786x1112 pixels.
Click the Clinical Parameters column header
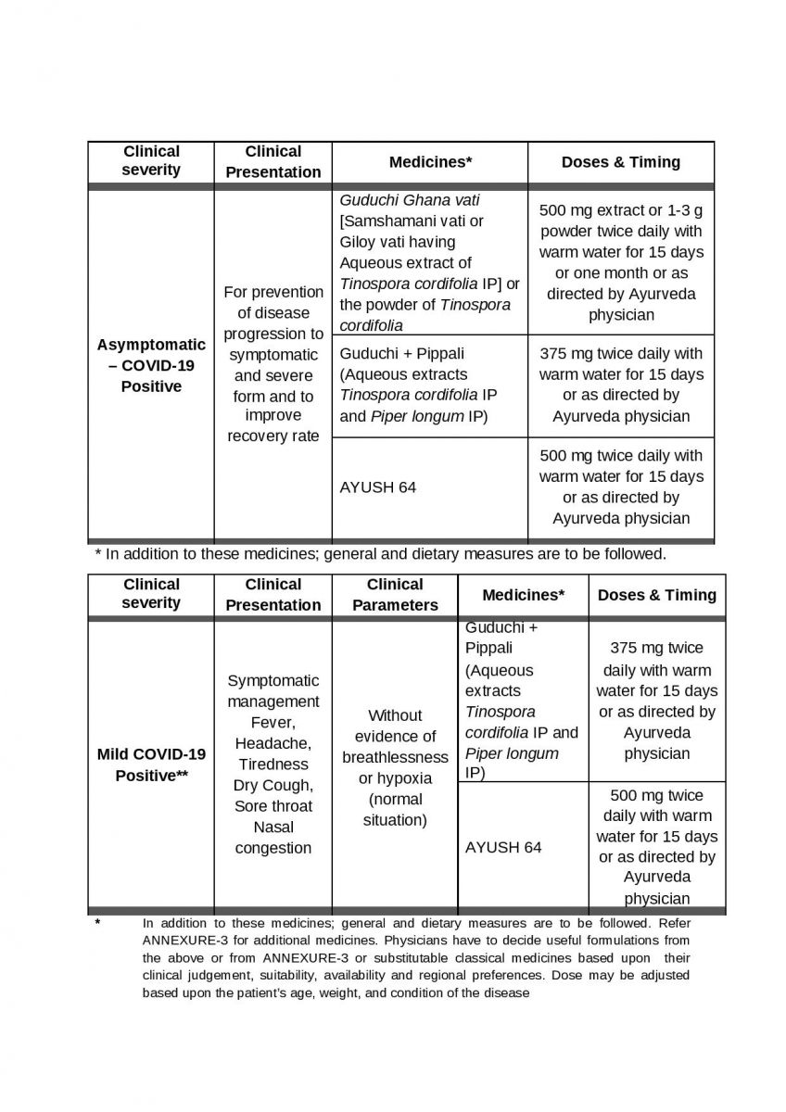coord(395,595)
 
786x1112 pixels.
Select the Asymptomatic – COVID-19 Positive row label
coord(151,365)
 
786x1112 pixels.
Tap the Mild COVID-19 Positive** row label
coord(151,764)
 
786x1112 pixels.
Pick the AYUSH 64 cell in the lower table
coord(503,847)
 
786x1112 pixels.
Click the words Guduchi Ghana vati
coord(410,200)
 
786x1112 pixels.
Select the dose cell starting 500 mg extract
coord(621,262)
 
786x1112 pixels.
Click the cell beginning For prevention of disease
coord(273,364)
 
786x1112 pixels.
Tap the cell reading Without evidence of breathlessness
coord(395,767)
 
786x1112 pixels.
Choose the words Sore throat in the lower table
coord(273,805)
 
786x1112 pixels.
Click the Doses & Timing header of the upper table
coord(621,162)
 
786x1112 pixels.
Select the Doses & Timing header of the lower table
coord(657,595)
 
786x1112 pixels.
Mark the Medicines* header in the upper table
coord(430,162)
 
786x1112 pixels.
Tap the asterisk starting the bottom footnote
coord(97,924)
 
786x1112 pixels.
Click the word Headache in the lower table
coord(273,743)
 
